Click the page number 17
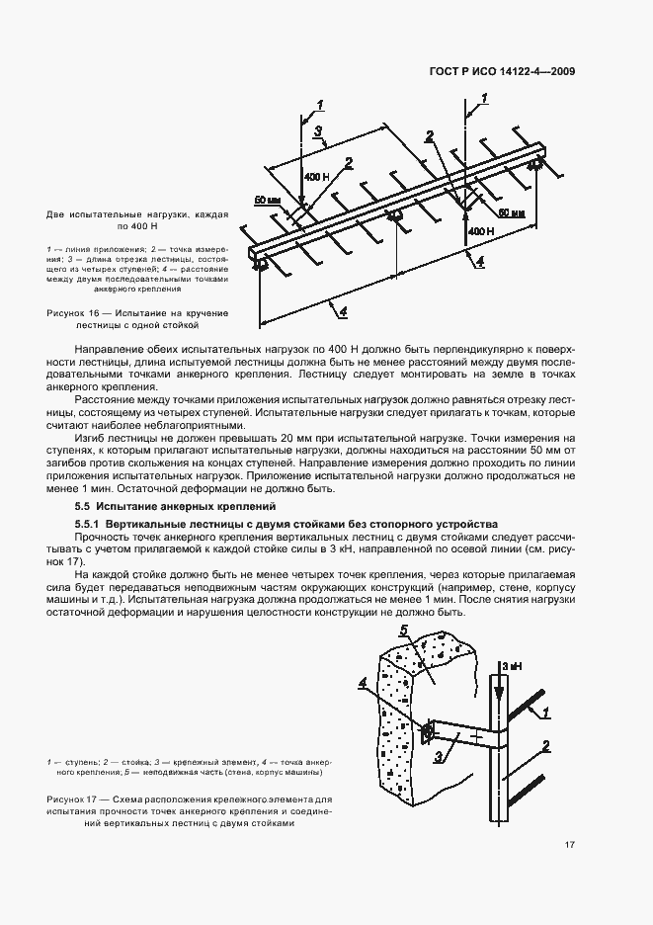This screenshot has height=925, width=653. [x=571, y=844]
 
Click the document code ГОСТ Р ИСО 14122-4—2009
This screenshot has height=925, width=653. [x=505, y=71]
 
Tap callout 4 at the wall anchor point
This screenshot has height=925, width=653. [x=392, y=681]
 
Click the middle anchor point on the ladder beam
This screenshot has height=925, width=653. [x=394, y=215]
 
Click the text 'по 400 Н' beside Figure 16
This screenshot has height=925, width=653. [x=137, y=225]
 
